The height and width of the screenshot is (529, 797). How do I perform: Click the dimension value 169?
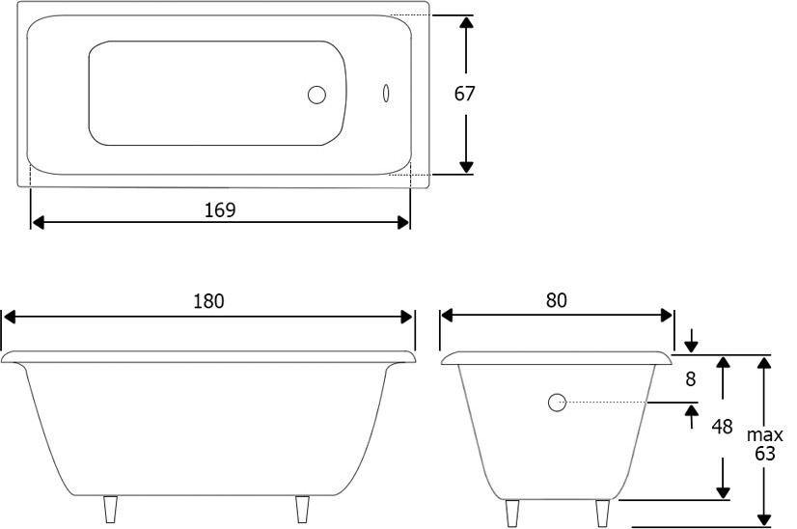[220, 210]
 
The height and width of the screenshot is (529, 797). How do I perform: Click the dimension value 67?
[464, 94]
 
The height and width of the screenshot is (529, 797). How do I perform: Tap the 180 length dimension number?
[208, 301]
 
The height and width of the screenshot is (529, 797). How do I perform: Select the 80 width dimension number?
[557, 300]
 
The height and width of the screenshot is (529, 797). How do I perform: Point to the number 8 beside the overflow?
[690, 379]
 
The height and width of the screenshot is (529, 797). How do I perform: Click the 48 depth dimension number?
[722, 427]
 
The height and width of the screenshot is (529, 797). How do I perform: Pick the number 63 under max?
[764, 453]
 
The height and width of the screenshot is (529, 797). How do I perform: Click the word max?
[765, 435]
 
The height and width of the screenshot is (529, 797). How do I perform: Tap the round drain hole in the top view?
[316, 95]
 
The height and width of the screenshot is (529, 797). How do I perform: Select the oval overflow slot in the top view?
[386, 93]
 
